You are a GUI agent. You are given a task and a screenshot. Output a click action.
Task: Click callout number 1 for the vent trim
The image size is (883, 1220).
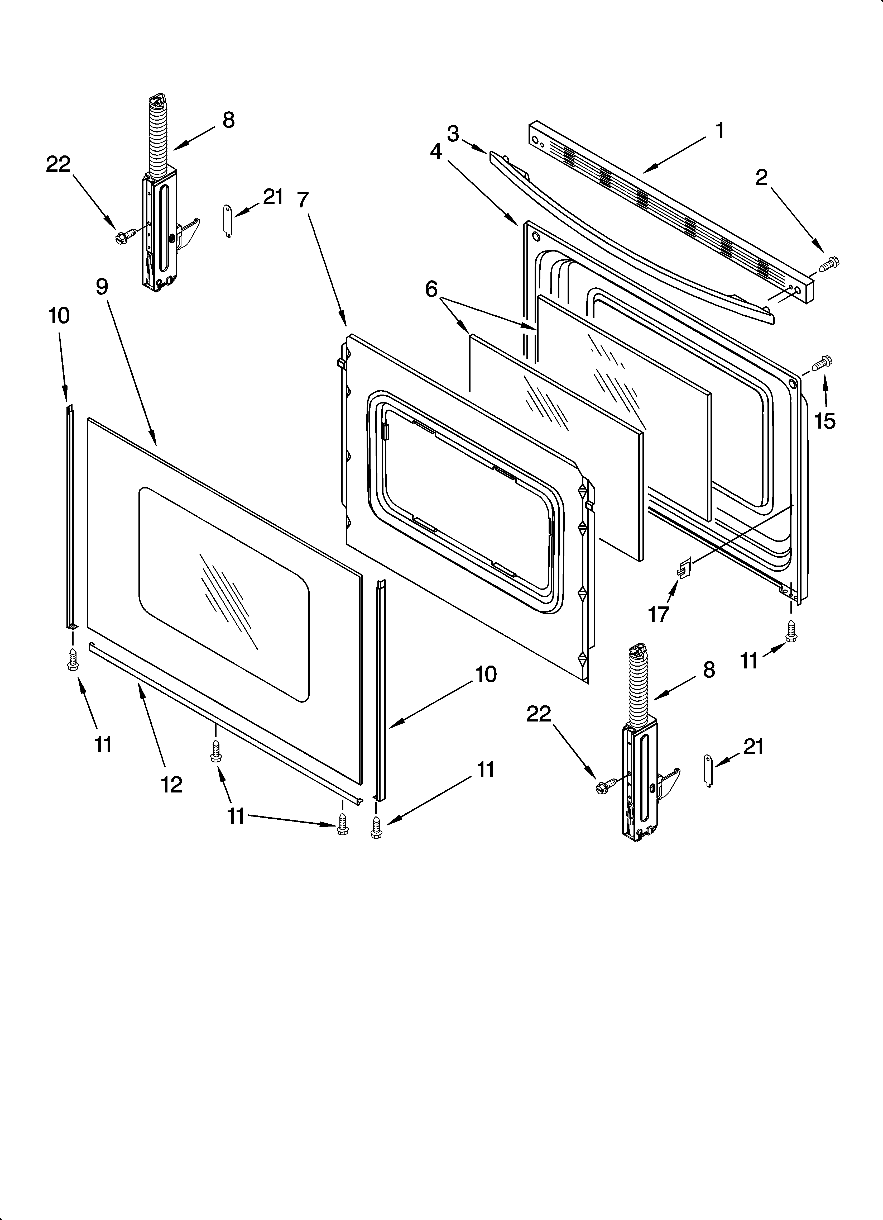tap(719, 131)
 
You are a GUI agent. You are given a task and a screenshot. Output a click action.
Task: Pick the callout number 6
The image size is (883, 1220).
tap(431, 289)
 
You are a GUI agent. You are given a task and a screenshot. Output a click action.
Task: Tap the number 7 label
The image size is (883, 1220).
tap(303, 200)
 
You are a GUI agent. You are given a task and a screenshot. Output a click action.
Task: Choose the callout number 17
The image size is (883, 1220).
tap(658, 614)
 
